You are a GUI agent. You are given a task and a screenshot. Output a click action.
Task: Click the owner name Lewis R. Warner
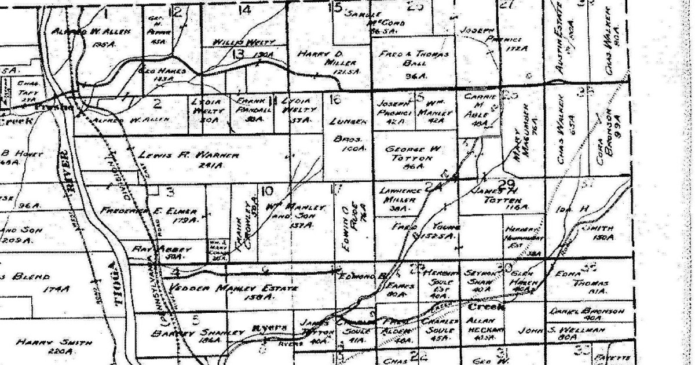tap(181, 156)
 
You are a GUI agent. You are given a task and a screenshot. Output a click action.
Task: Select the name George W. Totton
tap(413, 153)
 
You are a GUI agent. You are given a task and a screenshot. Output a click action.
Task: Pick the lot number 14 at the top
tap(245, 9)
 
